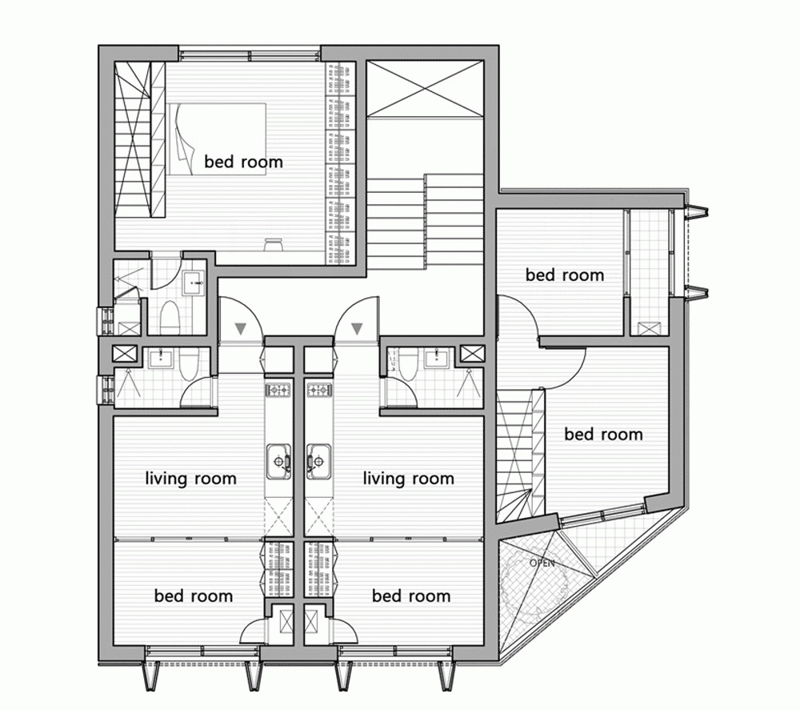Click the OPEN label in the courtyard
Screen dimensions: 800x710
coord(542,563)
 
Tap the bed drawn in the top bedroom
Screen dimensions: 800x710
coord(217,139)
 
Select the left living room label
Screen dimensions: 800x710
coord(191,478)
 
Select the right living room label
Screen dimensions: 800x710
coord(408,478)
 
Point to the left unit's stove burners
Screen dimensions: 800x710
coord(278,391)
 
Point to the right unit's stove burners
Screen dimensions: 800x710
coord(319,391)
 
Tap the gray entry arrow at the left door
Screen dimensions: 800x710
coord(240,328)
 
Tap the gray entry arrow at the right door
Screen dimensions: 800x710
coord(357,328)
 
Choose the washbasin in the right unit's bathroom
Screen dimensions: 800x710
coord(436,359)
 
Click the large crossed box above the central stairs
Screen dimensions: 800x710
coord(425,89)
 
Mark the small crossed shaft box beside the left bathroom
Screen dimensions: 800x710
coord(125,354)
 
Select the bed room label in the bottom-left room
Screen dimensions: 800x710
coord(194,596)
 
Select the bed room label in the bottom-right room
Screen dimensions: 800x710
coord(411,596)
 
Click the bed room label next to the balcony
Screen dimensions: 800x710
coord(565,275)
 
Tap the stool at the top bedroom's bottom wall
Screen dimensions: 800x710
coord(274,244)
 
